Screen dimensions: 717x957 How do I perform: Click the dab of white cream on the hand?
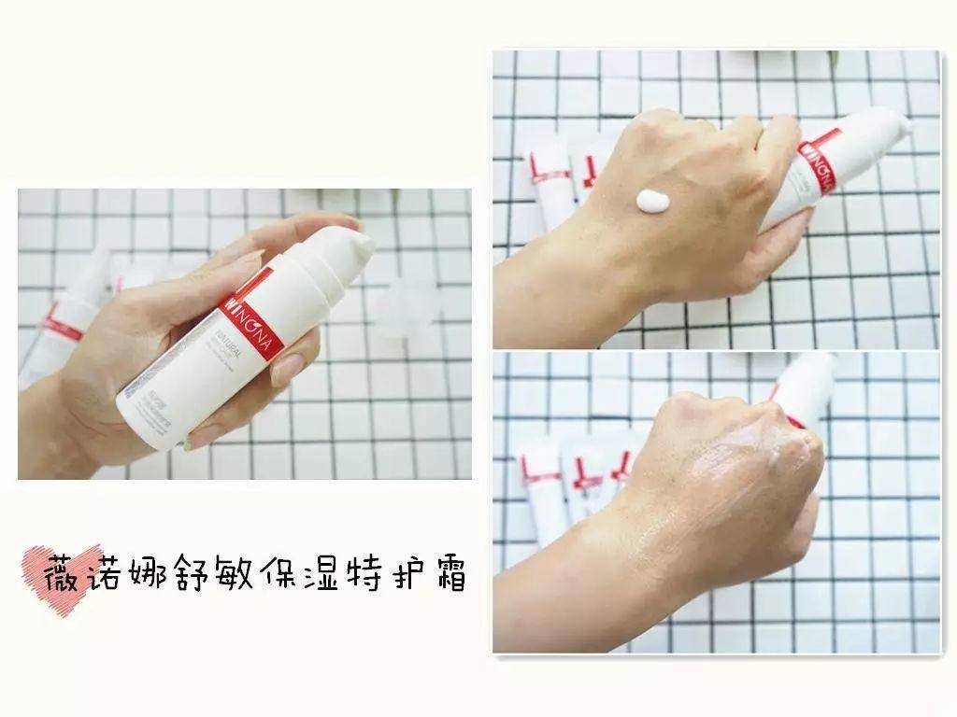tap(651, 201)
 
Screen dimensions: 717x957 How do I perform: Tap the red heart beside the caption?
tap(58, 570)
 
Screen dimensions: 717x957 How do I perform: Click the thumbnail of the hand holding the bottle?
tap(244, 334)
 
